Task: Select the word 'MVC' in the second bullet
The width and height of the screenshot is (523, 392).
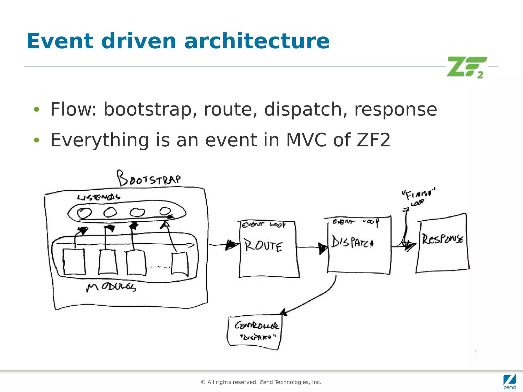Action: click(306, 140)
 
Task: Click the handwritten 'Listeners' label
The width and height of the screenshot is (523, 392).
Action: click(99, 197)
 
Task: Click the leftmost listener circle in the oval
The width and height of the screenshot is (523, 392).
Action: click(84, 213)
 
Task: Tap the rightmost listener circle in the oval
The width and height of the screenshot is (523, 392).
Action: click(165, 211)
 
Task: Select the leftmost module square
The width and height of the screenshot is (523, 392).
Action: click(74, 262)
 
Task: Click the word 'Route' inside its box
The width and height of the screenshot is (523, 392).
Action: click(263, 246)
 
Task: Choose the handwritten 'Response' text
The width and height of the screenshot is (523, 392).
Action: click(443, 239)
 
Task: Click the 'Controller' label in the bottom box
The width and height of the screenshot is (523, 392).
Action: click(256, 326)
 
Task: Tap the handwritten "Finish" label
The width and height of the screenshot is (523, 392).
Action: click(418, 195)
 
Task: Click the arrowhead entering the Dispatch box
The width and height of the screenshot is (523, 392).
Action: click(323, 248)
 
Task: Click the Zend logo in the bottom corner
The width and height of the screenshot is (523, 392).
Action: click(509, 382)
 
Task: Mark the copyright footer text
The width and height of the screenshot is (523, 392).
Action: click(261, 382)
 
